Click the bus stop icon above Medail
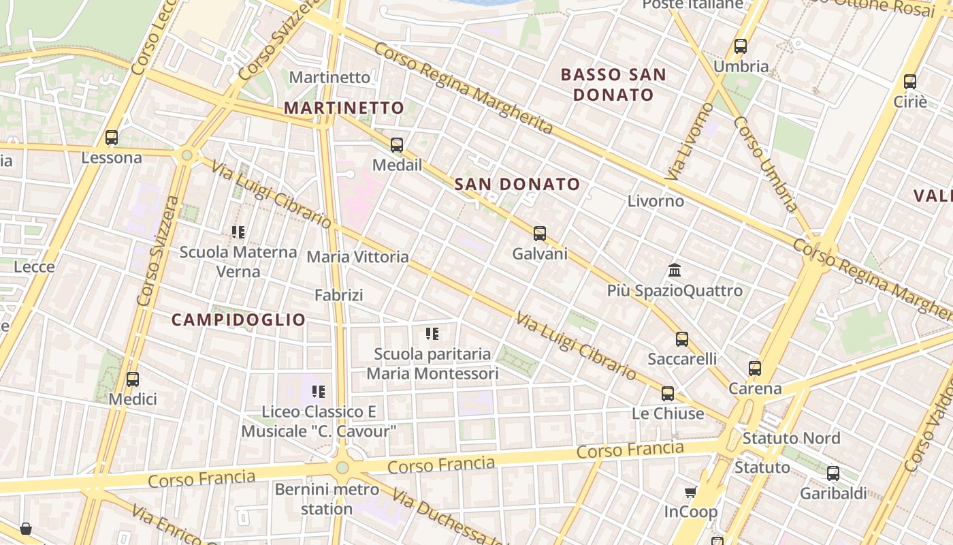click(397, 145)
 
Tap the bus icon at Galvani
click(540, 234)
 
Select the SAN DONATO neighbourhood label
click(517, 184)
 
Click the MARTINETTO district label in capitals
click(344, 108)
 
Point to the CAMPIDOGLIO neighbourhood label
click(238, 320)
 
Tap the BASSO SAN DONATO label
click(613, 84)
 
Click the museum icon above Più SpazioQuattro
click(675, 270)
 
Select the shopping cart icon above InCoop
click(690, 492)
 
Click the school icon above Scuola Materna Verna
click(238, 232)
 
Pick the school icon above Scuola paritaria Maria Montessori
click(432, 334)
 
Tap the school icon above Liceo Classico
click(319, 392)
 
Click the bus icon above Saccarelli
click(682, 339)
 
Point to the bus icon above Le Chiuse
click(668, 394)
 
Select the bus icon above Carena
click(755, 369)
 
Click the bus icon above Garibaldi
click(833, 473)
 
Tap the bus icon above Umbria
click(741, 47)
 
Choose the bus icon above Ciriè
click(910, 82)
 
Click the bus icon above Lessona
click(112, 138)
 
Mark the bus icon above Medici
click(133, 379)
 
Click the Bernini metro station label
click(327, 499)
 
